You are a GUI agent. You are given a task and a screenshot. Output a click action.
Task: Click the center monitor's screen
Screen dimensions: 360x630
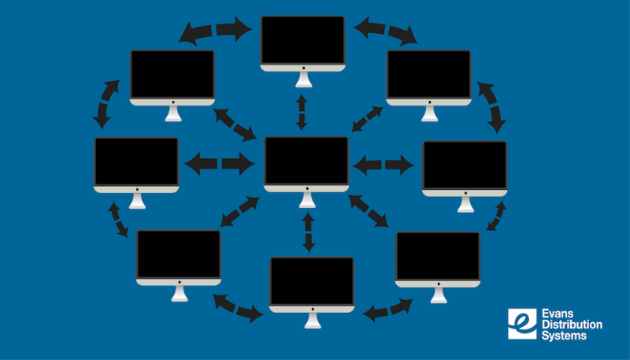[306, 161]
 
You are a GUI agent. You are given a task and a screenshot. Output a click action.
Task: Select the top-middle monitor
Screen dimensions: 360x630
[302, 43]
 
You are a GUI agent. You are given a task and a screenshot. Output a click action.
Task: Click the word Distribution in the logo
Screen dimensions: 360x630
[571, 325]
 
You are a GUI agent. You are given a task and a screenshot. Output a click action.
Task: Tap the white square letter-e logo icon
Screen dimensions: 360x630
[522, 324]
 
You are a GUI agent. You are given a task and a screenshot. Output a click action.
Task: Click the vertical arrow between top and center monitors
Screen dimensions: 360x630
[301, 112]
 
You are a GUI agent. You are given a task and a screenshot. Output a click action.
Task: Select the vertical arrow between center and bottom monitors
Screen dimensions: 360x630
[308, 232]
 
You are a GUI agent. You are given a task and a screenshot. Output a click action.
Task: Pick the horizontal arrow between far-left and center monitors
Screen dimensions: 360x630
[220, 164]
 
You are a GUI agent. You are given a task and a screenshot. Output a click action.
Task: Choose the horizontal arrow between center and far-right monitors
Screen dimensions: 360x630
[384, 165]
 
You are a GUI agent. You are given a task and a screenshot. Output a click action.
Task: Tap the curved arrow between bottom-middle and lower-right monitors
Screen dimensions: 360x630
[388, 308]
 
